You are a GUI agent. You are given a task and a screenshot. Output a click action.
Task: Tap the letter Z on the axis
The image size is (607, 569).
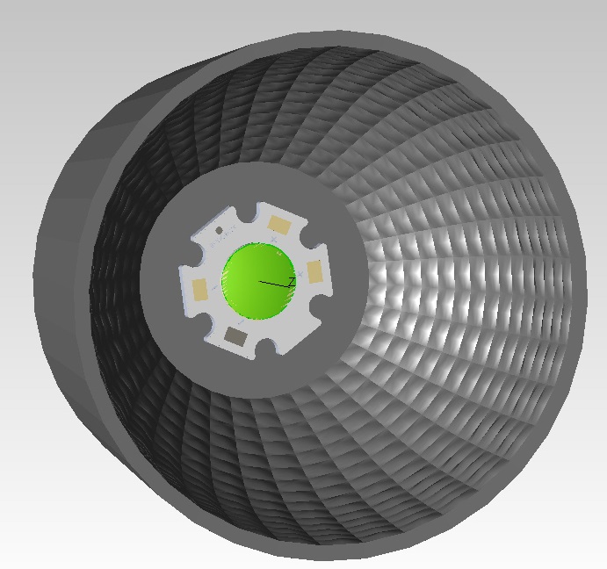click(292, 281)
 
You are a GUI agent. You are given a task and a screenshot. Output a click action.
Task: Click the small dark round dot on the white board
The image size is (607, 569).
click(218, 231)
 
